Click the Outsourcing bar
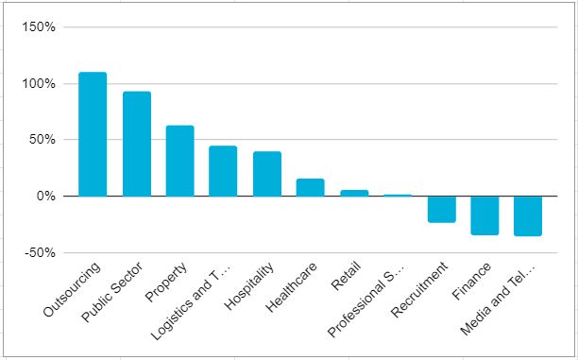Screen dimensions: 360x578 pos(93,134)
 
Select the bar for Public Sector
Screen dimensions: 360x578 pos(137,144)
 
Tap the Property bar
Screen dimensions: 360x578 pos(180,161)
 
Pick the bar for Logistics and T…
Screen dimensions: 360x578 pos(223,171)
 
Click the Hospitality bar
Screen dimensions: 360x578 pos(267,174)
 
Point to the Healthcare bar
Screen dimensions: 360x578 pos(311,187)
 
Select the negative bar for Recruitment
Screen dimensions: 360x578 pos(442,209)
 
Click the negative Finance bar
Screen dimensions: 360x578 pos(484,215)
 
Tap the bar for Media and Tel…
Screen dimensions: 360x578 pos(528,216)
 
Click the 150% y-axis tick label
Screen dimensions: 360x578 pos(39,27)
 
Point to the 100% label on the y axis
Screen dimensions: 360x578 pos(39,84)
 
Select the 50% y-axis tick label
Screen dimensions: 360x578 pos(42,140)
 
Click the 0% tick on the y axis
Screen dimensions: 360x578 pos(45,197)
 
